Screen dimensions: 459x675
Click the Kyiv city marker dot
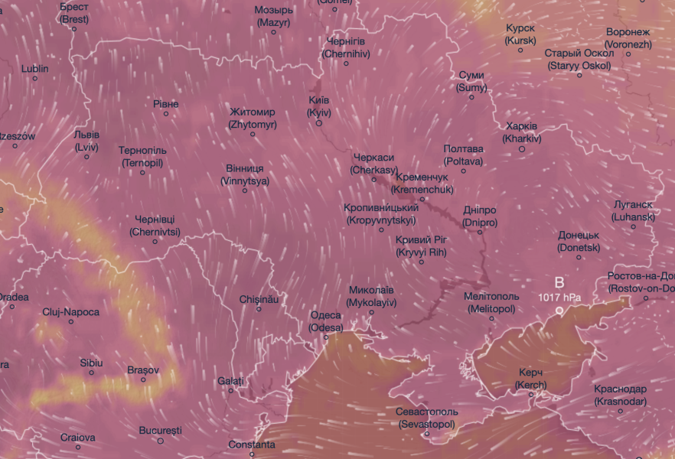click(319, 123)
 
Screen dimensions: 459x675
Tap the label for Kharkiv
click(522, 132)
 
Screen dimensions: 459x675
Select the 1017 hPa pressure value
click(559, 297)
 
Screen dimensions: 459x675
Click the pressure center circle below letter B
click(559, 311)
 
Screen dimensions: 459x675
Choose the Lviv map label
click(86, 141)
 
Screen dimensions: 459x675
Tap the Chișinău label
click(259, 299)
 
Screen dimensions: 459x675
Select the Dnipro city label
click(480, 216)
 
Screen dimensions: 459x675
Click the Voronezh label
click(628, 38)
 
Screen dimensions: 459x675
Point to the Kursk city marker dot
click(520, 50)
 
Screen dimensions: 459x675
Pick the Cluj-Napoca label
click(71, 312)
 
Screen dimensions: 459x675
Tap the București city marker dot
click(161, 441)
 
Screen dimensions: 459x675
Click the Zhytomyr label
click(252, 118)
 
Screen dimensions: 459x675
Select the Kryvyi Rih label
click(421, 246)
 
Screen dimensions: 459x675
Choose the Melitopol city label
click(491, 302)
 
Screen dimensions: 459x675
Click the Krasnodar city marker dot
click(621, 412)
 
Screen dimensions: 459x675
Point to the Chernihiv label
click(346, 47)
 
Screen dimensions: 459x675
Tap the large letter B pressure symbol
click(559, 282)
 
